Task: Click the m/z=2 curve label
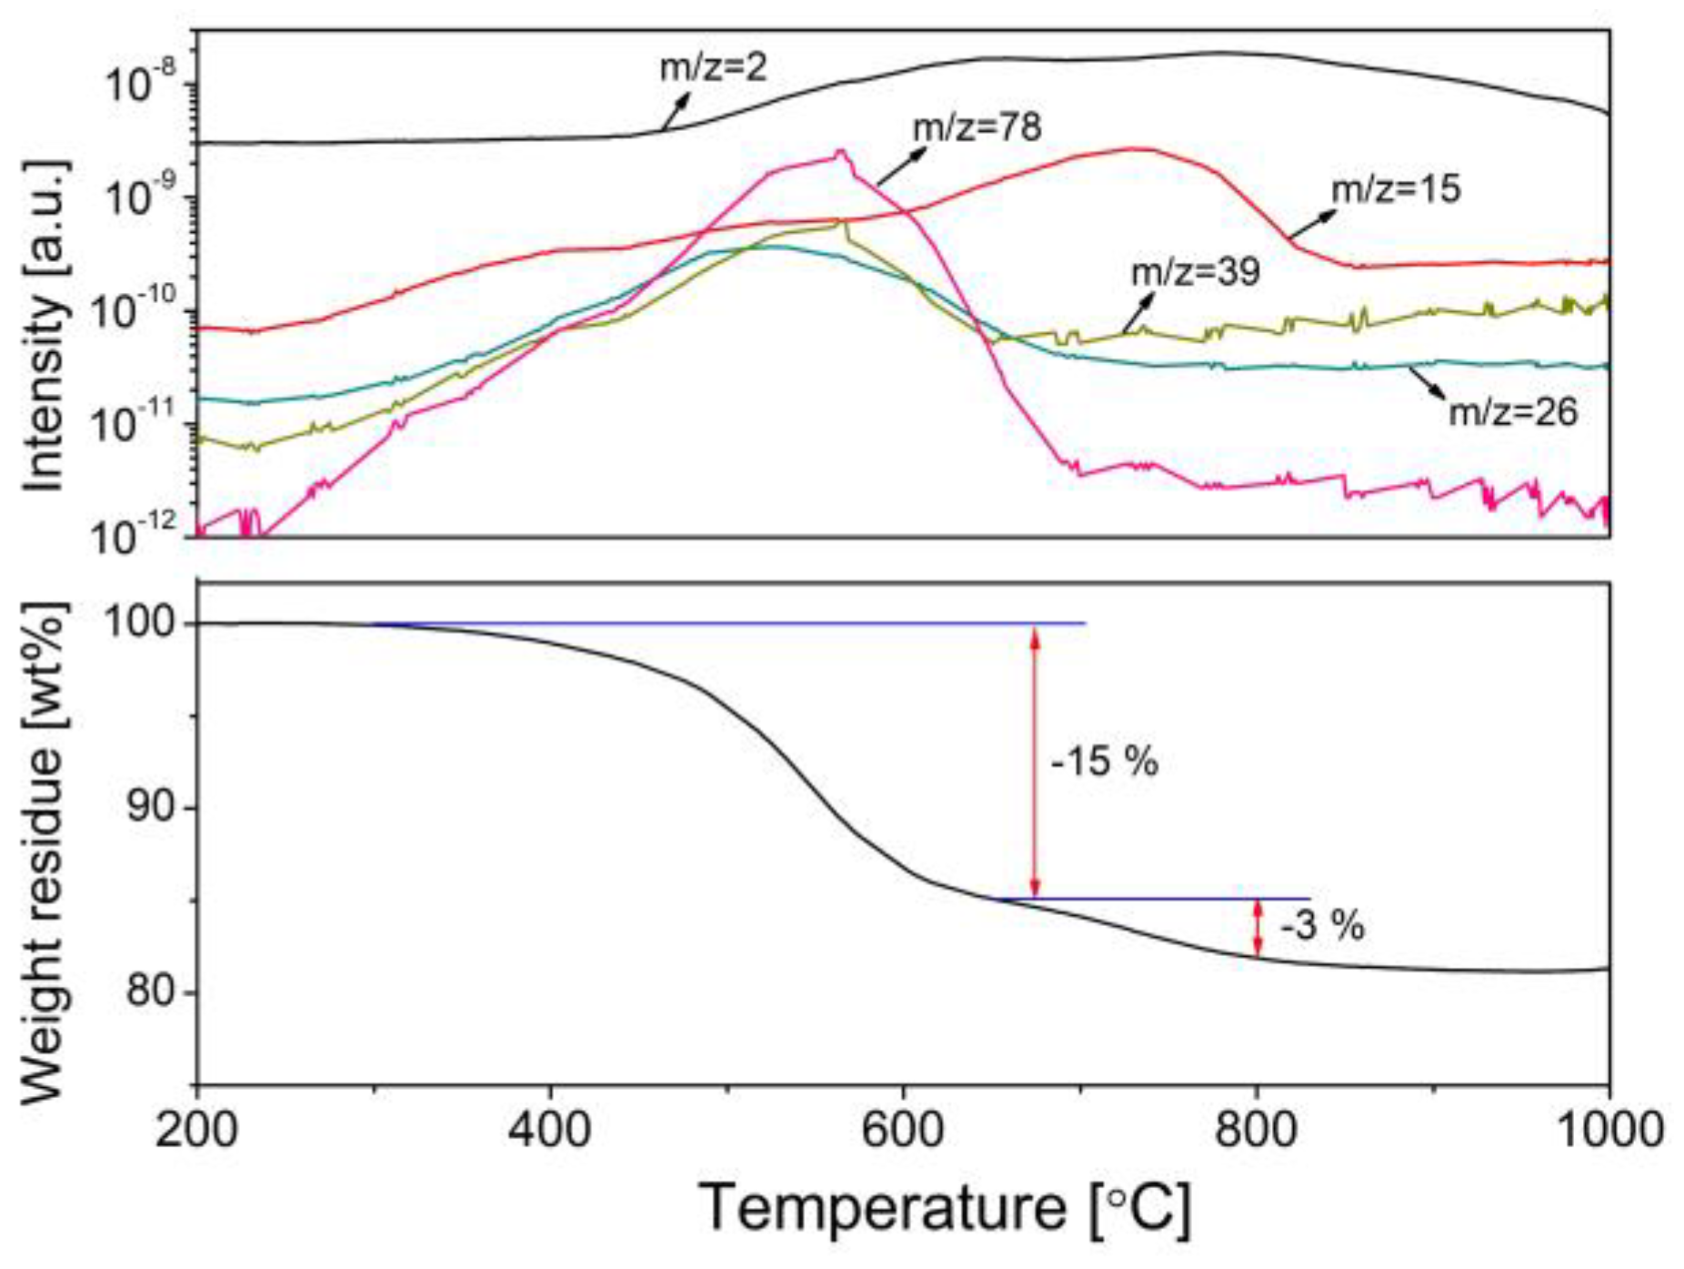click(x=713, y=67)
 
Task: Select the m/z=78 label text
click(x=977, y=127)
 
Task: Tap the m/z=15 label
click(x=1396, y=189)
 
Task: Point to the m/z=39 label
click(x=1195, y=271)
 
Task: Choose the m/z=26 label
click(x=1512, y=412)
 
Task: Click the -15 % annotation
click(x=1104, y=761)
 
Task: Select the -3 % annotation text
click(x=1322, y=926)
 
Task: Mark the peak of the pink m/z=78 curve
click(x=841, y=151)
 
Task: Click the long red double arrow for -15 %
click(x=1034, y=761)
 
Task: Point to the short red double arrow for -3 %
click(x=1258, y=928)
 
